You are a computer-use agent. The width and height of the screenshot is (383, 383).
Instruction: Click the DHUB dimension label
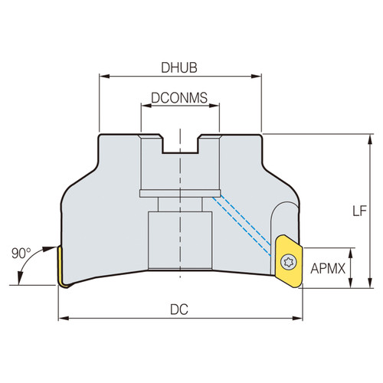(179, 67)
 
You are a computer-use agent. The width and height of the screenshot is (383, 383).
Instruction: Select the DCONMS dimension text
(179, 98)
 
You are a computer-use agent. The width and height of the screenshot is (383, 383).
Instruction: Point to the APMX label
(329, 268)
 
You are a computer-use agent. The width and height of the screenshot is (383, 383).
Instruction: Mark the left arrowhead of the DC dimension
(62, 317)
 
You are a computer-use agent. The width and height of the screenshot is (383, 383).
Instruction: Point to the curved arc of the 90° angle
(29, 267)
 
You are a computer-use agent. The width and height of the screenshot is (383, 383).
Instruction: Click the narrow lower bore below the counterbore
(179, 237)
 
